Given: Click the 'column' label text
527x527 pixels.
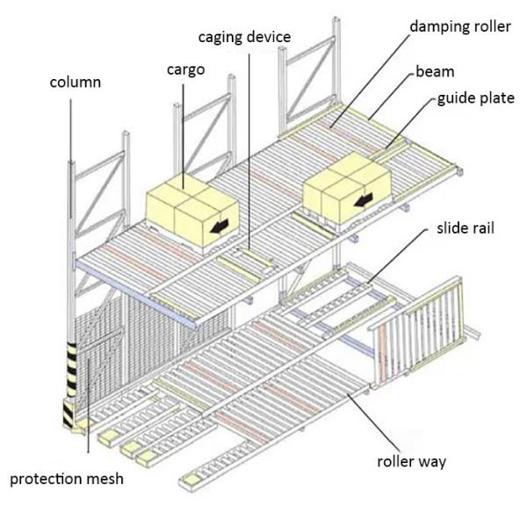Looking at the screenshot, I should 75,83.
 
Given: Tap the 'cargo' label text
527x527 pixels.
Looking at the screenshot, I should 185,69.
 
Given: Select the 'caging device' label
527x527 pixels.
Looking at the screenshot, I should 244,37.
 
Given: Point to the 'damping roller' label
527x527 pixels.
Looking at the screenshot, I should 459,25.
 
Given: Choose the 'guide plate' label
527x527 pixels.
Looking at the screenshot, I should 476,98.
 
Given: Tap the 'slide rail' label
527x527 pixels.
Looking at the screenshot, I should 466,228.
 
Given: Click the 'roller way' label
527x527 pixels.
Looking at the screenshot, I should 411,461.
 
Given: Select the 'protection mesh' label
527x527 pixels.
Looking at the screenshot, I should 67,479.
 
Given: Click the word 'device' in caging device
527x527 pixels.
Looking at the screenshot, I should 268,37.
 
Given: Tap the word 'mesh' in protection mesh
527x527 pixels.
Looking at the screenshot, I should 105,479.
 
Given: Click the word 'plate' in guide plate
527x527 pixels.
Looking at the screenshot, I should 495,98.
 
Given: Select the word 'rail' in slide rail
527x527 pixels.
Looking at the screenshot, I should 482,228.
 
